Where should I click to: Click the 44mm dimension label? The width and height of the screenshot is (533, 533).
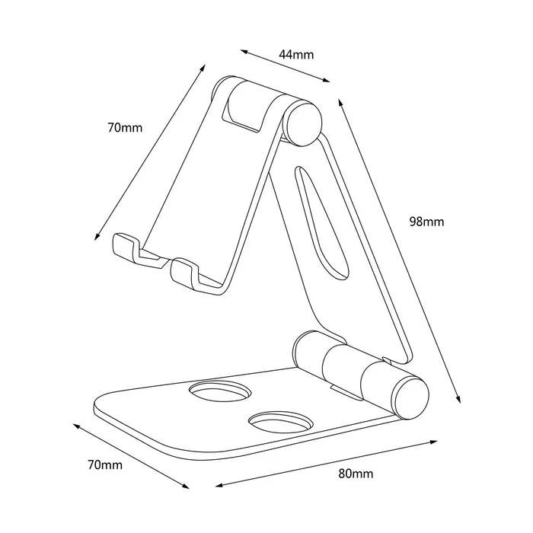coord(296,54)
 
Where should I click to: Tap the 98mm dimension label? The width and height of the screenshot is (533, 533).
coord(426,222)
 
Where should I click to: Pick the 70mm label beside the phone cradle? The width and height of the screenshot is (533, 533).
coord(125,128)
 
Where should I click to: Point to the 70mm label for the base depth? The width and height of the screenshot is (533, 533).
coord(104,464)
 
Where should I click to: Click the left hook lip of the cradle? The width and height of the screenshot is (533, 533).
coord(126,247)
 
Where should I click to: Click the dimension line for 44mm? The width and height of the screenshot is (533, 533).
coord(286,66)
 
